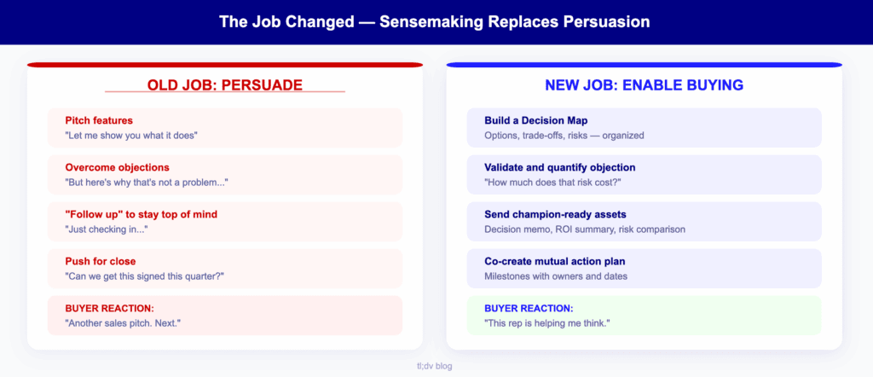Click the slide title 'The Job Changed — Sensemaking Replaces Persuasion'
tap(436, 21)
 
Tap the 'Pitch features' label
tap(99, 120)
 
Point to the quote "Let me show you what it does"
tap(131, 135)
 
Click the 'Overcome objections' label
tap(117, 167)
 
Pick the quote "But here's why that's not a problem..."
tap(147, 182)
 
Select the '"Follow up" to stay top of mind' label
tap(142, 214)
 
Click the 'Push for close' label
tap(100, 261)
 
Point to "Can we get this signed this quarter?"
tap(144, 275)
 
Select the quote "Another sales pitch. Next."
tap(124, 322)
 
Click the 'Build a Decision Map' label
tap(535, 120)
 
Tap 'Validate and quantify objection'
tap(559, 167)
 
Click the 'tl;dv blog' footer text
tap(436, 364)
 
